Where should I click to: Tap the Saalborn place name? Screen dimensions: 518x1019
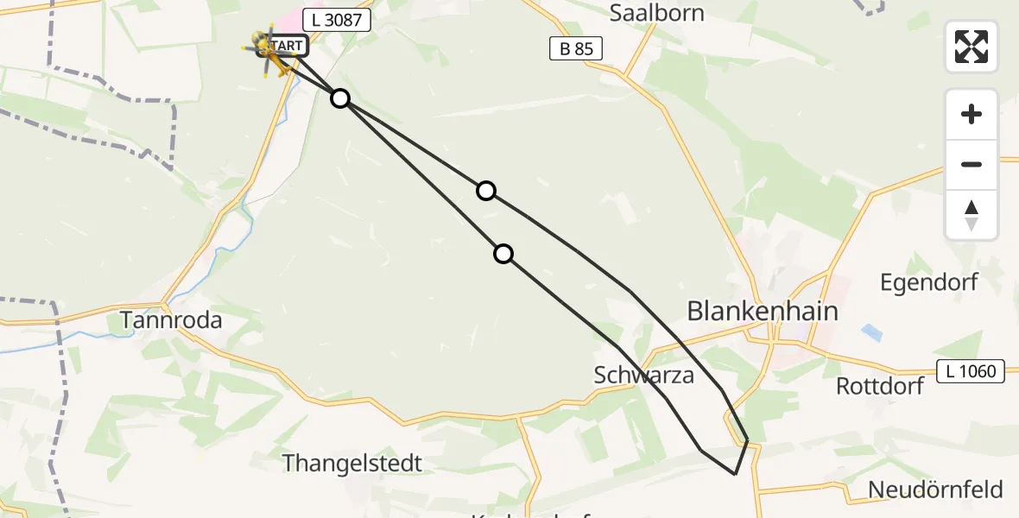point(656,13)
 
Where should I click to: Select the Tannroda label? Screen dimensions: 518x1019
point(171,320)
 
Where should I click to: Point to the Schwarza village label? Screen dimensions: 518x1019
point(644,375)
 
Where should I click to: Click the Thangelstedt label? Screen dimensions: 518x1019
point(352,463)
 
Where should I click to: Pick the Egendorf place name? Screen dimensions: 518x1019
point(928,282)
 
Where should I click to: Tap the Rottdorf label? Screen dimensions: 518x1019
point(880,386)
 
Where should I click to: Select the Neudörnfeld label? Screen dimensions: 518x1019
point(935,490)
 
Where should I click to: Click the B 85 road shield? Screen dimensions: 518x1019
point(576,49)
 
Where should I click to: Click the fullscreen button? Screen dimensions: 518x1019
point(972,47)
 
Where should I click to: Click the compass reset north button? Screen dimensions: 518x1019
point(972,215)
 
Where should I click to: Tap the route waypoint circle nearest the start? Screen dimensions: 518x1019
point(340,98)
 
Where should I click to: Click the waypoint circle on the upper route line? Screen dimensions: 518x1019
point(486,191)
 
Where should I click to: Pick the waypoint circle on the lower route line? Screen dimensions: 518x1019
point(503,254)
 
